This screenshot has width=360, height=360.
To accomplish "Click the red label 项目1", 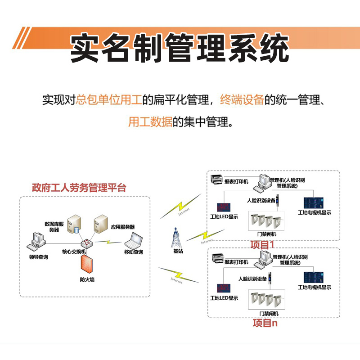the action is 262,244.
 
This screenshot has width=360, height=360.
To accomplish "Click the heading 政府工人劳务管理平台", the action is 79,188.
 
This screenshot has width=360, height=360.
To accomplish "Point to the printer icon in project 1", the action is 217,179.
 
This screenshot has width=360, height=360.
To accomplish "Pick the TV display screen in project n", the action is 314,277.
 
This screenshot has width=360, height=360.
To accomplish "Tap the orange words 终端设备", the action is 242,99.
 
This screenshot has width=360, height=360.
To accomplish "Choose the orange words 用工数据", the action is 150,121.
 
